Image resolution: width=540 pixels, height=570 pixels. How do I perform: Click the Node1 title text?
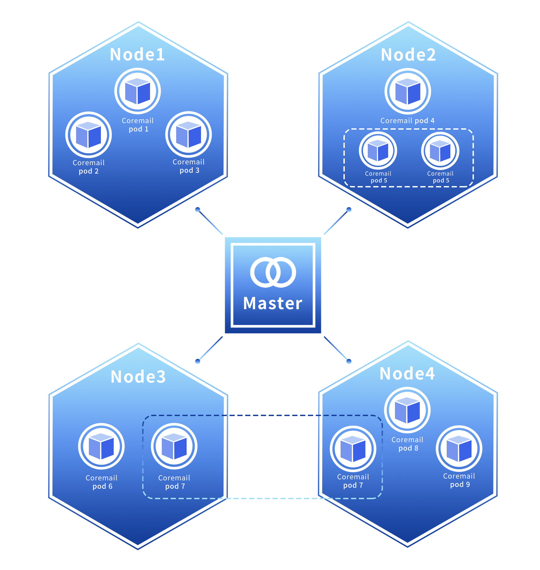137,54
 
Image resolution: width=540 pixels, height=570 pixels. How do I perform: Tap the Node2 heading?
408,55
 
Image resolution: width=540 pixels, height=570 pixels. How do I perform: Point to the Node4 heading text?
407,373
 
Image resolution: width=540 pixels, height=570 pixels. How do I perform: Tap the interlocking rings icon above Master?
273,272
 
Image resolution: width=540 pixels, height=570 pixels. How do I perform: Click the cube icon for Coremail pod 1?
137,91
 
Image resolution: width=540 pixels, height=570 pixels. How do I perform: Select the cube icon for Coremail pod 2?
89,135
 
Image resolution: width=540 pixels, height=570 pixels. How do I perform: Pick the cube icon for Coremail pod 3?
188,134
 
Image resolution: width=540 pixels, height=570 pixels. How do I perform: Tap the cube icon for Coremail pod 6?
101,446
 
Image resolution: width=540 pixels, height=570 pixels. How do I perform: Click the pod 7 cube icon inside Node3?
174,446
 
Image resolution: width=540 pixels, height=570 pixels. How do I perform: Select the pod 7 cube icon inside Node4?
353,449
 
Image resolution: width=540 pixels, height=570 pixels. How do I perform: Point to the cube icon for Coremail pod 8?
407,410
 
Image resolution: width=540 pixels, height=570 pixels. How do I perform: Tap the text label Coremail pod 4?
407,121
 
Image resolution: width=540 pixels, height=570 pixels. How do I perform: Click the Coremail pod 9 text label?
459,480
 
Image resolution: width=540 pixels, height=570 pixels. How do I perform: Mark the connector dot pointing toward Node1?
197,210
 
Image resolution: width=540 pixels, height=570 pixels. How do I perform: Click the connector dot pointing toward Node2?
349,209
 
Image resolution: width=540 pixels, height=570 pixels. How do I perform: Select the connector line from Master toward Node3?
211,348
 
